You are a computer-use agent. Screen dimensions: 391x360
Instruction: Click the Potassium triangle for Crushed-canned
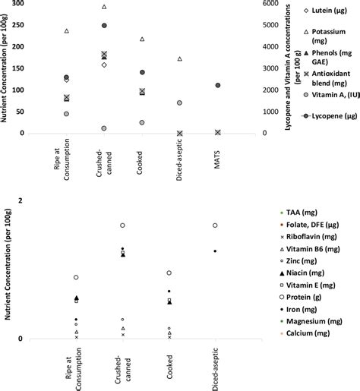point(104,7)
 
